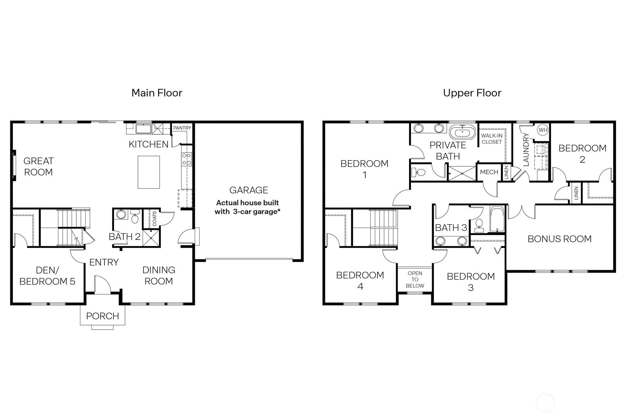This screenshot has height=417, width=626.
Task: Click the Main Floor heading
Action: coord(157,93)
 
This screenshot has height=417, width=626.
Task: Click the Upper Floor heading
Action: coord(472,93)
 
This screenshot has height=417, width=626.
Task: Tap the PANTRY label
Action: coord(182,128)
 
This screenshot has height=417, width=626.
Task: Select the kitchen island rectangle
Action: coord(149,172)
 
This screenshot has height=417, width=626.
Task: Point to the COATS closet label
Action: coord(155,219)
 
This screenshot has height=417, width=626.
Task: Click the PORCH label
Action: coord(103,316)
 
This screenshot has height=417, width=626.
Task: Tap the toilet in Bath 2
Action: coord(135,217)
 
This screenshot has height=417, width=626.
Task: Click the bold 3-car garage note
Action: coord(247,207)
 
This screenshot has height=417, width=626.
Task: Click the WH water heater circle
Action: coord(543,130)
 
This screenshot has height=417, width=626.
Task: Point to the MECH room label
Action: coord(489,172)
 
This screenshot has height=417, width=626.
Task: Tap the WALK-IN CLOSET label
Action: coord(492,139)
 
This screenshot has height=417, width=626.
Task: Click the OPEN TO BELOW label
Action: coord(415,279)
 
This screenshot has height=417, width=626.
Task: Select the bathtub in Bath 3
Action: coord(497,219)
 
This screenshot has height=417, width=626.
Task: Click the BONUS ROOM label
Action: coord(559,239)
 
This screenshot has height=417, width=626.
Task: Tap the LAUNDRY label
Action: coord(526,149)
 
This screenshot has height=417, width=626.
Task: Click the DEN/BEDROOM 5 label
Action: coord(47,276)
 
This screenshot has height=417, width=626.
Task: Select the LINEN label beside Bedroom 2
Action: coord(576,193)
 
